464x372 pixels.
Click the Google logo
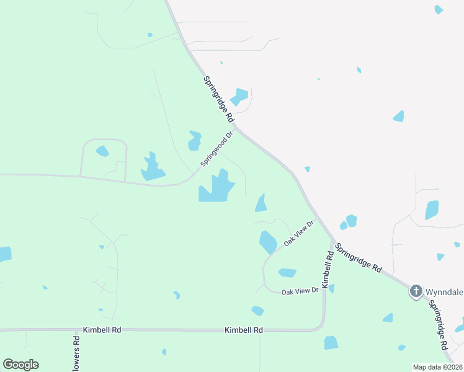coord(20,365)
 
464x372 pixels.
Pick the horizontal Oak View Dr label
coord(300,291)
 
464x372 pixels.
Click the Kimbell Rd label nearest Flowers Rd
coord(101,330)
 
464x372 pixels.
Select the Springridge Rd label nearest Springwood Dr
coord(218,99)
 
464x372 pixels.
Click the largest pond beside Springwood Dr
coord(216,187)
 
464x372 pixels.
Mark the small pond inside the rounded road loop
coord(102,151)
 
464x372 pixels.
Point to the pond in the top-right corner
coord(439,9)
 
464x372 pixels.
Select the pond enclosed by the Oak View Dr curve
coord(287,272)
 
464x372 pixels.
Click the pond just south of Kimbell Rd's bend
coord(331,343)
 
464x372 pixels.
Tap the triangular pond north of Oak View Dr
coord(261,203)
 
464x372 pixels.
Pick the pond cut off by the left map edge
coord(4,254)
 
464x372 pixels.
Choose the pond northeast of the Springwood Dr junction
coord(239,97)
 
